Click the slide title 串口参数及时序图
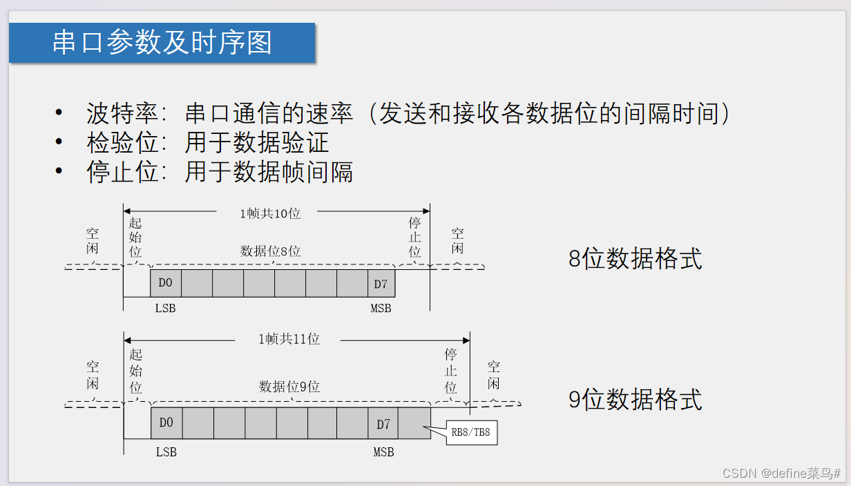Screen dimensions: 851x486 click(162, 43)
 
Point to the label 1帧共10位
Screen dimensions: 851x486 click(270, 214)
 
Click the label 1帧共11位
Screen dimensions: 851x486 click(289, 339)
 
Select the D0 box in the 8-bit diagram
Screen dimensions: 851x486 click(166, 284)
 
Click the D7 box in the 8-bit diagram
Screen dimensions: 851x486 click(381, 284)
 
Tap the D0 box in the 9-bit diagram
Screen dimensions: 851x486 click(166, 423)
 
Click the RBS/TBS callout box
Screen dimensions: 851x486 click(472, 433)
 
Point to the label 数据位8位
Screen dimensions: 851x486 click(270, 251)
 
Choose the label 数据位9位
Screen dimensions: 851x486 click(289, 387)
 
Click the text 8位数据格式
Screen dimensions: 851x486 click(635, 259)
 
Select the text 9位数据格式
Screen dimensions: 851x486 click(635, 400)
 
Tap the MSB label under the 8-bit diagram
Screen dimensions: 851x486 click(381, 309)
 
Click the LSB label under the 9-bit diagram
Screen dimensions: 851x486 click(166, 452)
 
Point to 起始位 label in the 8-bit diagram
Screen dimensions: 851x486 click(135, 237)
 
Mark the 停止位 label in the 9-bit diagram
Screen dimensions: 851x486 click(451, 371)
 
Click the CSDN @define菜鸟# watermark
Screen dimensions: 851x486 click(781, 474)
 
